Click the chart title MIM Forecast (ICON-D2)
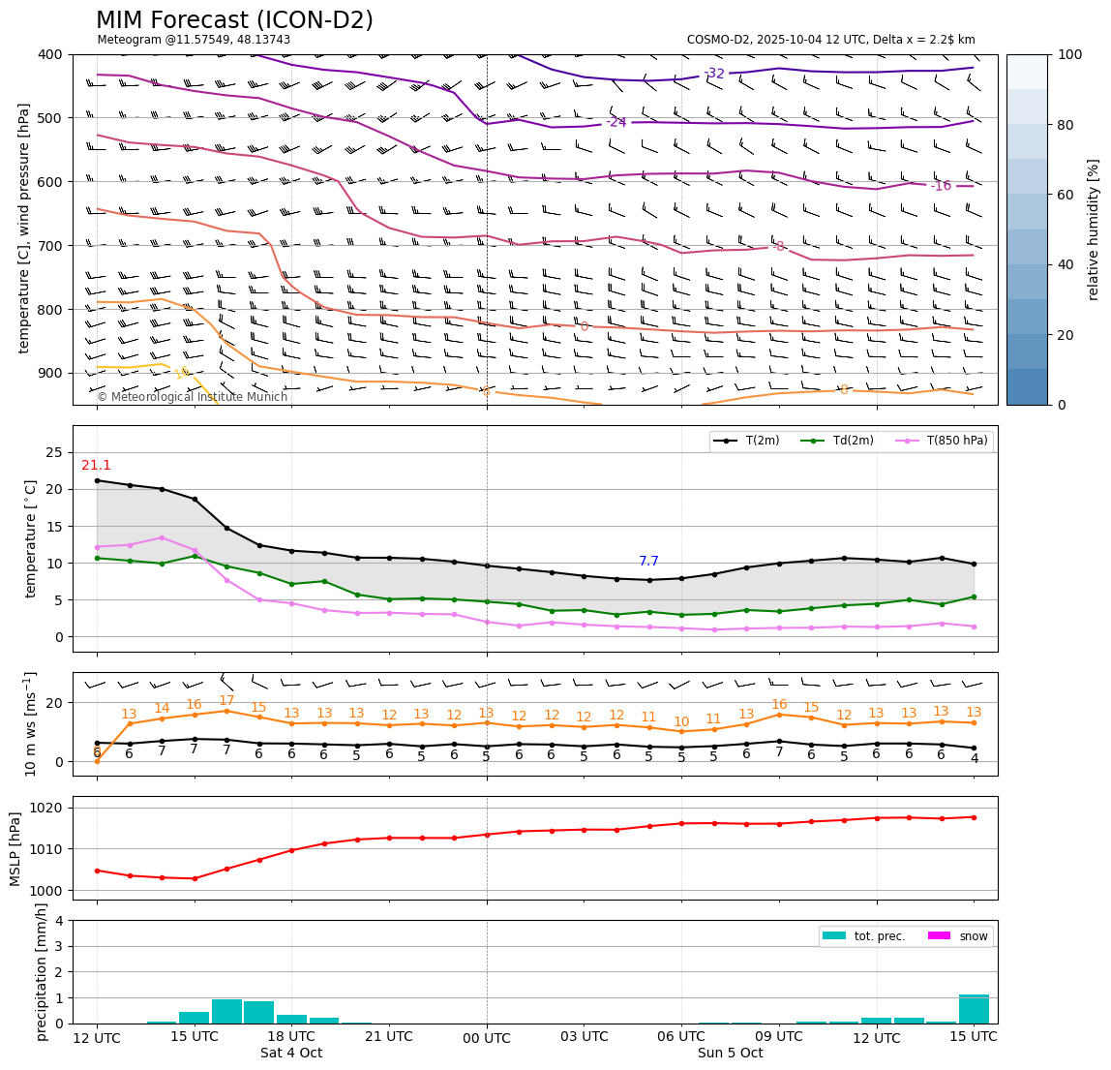234,20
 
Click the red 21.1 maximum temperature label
96,466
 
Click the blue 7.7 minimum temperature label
648,562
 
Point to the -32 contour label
714,74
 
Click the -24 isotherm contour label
616,123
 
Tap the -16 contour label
941,186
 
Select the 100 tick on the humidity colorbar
1069,54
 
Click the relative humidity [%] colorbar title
1094,229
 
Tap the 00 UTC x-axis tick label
487,1037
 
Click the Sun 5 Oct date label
730,1054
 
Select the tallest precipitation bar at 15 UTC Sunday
974,1009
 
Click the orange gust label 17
226,701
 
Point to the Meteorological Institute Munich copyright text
193,397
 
